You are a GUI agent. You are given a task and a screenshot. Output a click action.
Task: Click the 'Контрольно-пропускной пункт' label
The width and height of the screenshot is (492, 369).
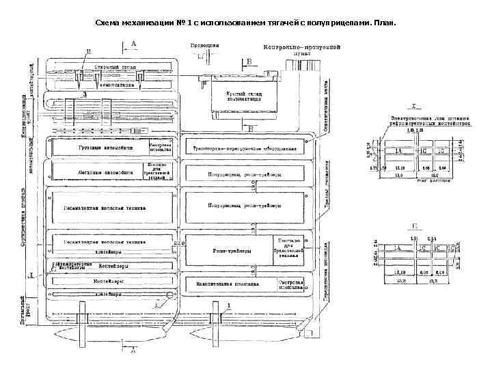301,49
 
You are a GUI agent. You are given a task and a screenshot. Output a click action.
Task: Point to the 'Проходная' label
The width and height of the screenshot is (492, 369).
204,44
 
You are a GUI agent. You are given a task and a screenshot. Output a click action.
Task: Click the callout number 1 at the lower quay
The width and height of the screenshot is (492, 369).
228,305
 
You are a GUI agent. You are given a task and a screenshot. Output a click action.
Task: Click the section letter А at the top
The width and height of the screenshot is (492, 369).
133,43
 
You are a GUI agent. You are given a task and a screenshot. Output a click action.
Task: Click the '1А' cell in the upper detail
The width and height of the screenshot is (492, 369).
398,150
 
